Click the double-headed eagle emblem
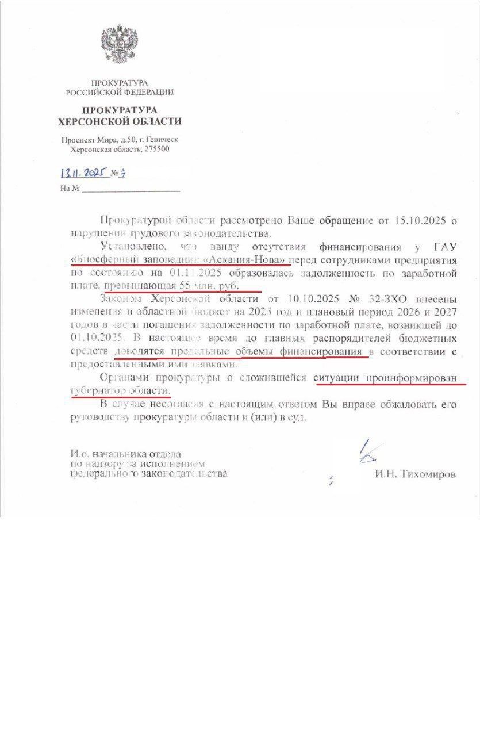[x=120, y=44]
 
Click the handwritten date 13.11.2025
[x=84, y=172]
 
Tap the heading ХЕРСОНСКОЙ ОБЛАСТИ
[x=120, y=121]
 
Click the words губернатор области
[x=120, y=390]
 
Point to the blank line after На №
[x=130, y=188]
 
